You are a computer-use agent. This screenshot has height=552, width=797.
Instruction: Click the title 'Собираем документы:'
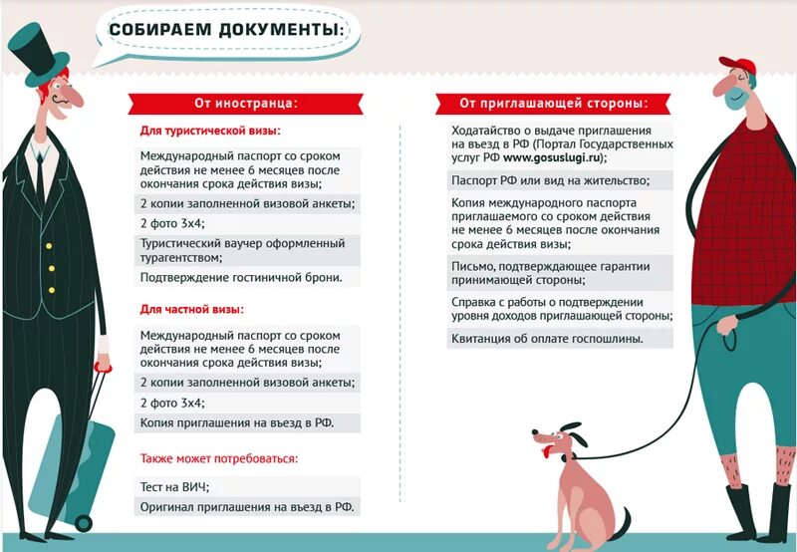click(226, 30)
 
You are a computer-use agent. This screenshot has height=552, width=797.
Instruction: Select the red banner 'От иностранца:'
click(245, 103)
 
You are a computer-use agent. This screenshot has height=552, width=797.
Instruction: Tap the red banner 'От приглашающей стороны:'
click(553, 103)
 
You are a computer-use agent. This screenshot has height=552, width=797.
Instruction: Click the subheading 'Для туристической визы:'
click(209, 132)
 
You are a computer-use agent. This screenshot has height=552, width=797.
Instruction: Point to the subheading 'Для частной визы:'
click(191, 310)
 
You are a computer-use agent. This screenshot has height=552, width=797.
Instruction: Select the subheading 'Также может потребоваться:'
click(218, 459)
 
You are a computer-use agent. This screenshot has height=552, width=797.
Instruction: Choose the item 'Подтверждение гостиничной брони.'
click(240, 277)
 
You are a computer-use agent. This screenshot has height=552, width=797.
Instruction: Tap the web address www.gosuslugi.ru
click(553, 157)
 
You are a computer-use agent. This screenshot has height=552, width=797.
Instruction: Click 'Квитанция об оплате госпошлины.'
click(547, 339)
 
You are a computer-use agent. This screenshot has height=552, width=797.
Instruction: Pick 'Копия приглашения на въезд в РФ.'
click(236, 423)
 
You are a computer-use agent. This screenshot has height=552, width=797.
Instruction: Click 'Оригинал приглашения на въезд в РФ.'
click(246, 507)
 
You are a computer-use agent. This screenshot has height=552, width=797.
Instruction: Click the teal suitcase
click(66, 468)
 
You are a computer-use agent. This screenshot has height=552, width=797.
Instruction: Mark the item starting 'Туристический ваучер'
click(242, 250)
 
